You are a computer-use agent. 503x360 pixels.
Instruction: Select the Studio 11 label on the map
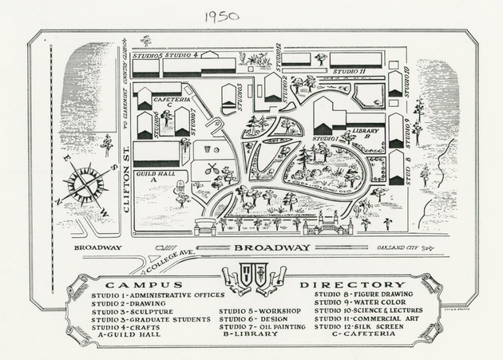pyautogui.click(x=350, y=72)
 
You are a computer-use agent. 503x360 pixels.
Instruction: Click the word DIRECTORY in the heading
pyautogui.click(x=353, y=285)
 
